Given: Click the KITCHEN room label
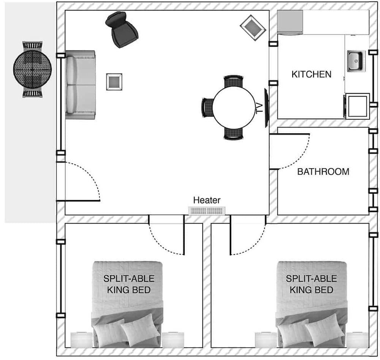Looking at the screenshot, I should (x=311, y=74).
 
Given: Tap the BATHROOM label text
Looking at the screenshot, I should (x=323, y=172).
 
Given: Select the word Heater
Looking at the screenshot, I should (x=207, y=200).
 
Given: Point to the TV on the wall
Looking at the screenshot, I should (x=266, y=108).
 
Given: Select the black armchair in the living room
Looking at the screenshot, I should (x=122, y=30).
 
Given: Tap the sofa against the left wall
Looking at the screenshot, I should (x=80, y=85).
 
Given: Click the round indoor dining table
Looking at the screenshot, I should (x=234, y=107).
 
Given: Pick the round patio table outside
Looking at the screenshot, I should (x=32, y=69).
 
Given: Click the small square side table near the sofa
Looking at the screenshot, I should (x=114, y=82).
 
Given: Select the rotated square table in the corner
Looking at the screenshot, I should (x=253, y=27).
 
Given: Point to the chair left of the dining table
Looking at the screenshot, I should (x=206, y=107).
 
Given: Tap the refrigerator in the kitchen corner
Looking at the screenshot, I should (x=290, y=22).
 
